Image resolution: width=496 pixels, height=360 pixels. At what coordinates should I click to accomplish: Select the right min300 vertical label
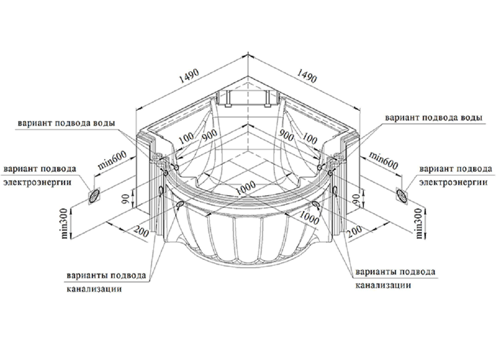click(420, 224)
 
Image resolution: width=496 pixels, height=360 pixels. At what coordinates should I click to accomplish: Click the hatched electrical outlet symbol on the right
click(402, 195)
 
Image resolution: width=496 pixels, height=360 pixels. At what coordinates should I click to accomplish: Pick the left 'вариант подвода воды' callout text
click(66, 123)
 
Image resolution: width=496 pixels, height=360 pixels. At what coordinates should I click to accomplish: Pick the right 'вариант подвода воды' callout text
click(433, 117)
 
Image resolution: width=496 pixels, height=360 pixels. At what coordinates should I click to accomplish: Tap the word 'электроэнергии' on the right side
click(453, 182)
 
